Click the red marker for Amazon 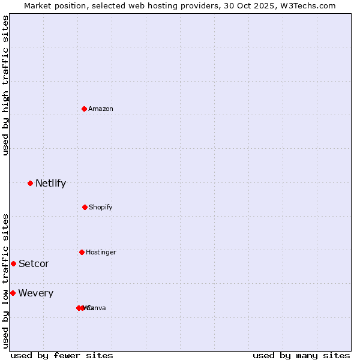[84, 109]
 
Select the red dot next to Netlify [30, 183]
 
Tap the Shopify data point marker [85, 207]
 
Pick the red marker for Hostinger [82, 252]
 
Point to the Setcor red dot [13, 263]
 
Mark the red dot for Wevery [13, 293]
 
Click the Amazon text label [101, 109]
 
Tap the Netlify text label [50, 183]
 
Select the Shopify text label [101, 207]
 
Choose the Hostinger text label [101, 252]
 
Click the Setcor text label [34, 263]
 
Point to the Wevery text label [35, 293]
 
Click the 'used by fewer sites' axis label [62, 355]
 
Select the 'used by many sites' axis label [301, 355]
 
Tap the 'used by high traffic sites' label [5, 85]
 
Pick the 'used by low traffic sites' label [5, 281]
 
